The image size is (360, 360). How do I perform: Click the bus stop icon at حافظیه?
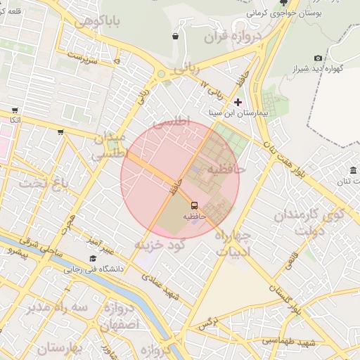194,205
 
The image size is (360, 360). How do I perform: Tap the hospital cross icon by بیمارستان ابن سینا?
238,103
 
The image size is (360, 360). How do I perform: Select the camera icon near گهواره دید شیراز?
318,58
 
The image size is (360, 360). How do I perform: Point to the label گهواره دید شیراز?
323,69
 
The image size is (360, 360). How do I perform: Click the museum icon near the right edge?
352,171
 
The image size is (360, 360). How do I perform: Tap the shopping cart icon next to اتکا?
15,110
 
